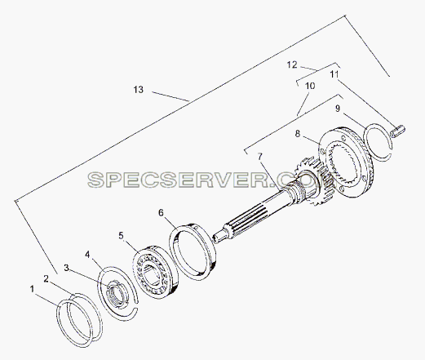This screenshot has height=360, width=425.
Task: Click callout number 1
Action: tap(32, 289)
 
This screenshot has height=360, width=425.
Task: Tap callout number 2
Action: tap(46, 279)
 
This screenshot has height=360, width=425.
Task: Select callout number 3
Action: tap(67, 268)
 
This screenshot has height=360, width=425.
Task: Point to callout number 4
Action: tap(87, 255)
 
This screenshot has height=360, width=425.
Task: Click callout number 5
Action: tap(121, 235)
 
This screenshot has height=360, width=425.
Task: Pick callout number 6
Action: tap(161, 212)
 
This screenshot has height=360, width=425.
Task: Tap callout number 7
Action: tap(260, 157)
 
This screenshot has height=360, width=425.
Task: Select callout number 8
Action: tap(298, 134)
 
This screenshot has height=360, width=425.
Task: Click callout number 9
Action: tap(338, 109)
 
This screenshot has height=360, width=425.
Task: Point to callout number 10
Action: tap(310, 86)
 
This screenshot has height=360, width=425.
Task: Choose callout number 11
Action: tap(334, 74)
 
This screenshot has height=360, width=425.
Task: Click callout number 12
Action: tap(292, 64)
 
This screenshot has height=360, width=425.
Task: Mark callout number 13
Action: tap(139, 90)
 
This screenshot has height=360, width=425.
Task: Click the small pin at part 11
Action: tap(397, 131)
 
